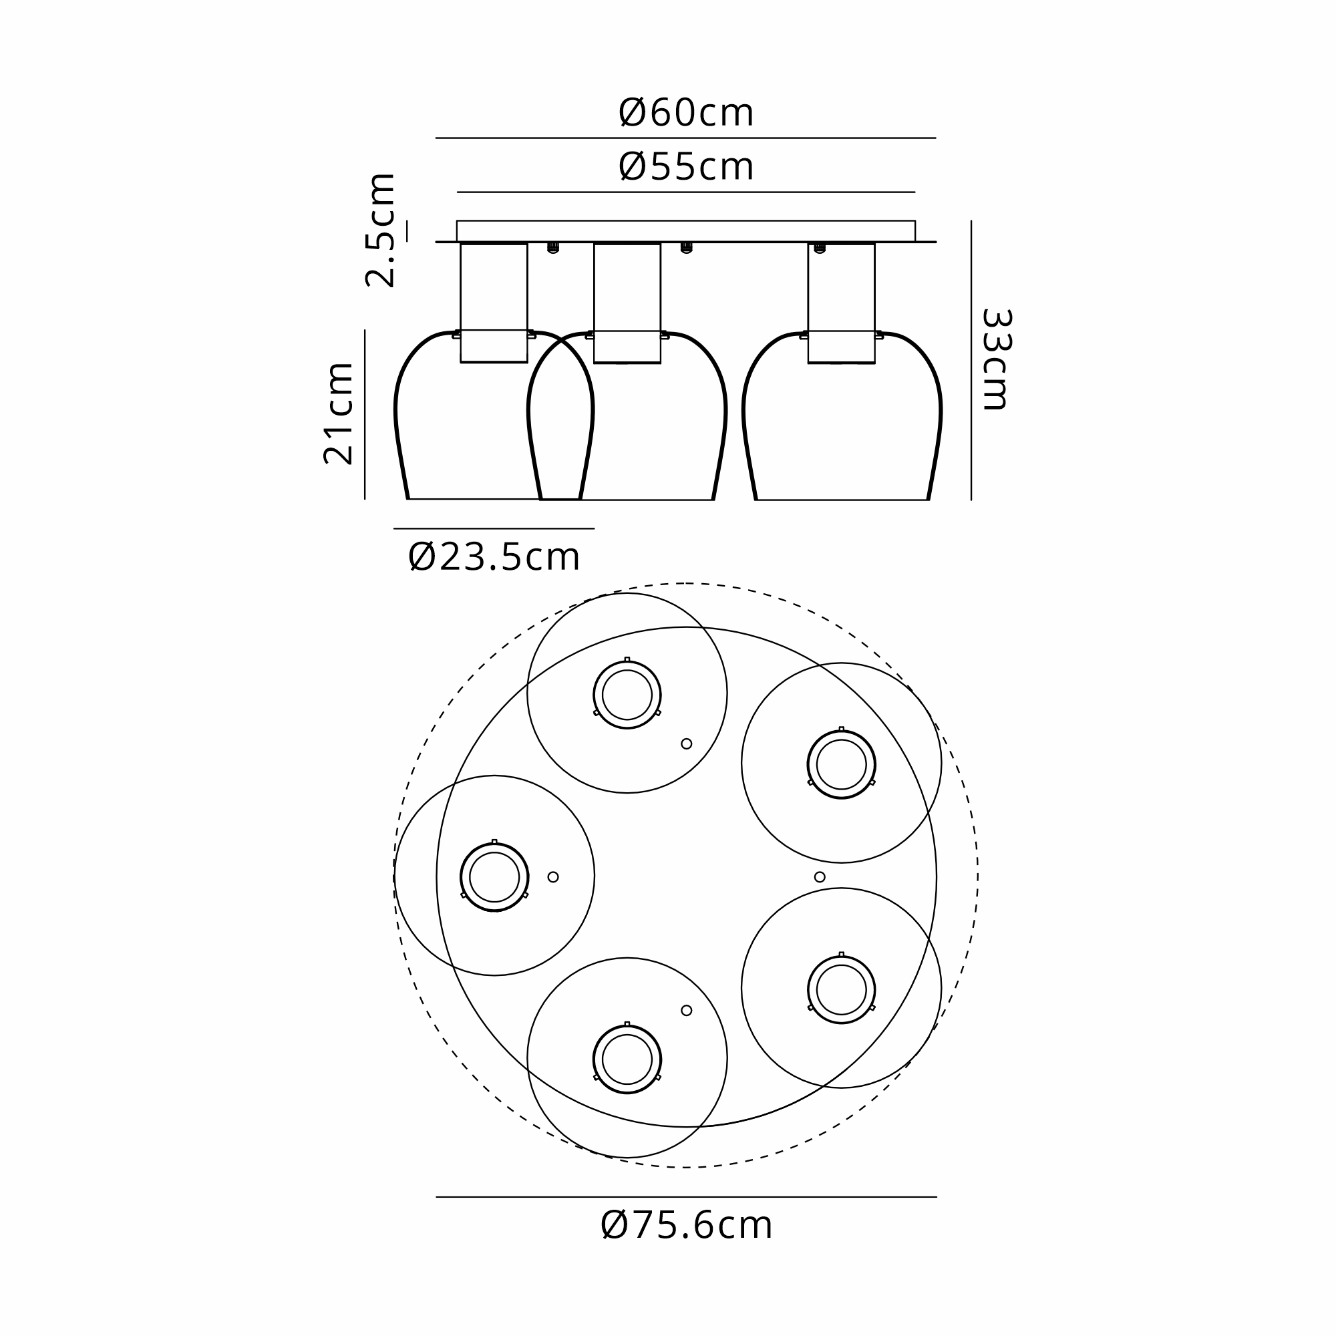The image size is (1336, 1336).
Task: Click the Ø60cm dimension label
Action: click(685, 113)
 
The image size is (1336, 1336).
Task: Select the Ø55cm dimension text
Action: click(685, 166)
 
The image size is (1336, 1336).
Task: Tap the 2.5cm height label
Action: click(380, 230)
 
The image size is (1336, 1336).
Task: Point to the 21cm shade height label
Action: click(339, 413)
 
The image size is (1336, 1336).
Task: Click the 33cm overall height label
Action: click(997, 359)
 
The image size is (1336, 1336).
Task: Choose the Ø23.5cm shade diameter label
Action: click(494, 556)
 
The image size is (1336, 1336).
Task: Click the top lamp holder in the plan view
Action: click(627, 694)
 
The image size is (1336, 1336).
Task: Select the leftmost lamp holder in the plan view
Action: click(494, 877)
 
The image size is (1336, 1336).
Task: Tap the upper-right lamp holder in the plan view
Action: click(842, 764)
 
